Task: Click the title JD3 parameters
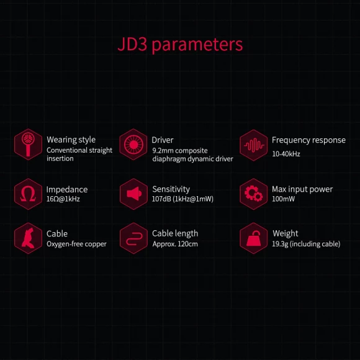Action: (x=180, y=45)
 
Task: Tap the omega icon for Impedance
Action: (x=28, y=194)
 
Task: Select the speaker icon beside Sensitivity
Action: (x=133, y=194)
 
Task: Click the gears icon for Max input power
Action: (x=253, y=194)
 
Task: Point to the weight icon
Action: (x=253, y=238)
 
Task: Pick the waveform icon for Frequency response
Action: (x=253, y=145)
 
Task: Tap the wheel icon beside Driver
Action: (x=133, y=145)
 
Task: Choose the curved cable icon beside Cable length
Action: (x=133, y=238)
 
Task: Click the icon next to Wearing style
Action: (x=28, y=145)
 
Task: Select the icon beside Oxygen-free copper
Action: (x=28, y=238)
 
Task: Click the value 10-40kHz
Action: (x=286, y=154)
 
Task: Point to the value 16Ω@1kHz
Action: (x=63, y=199)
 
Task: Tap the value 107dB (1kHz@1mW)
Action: (x=182, y=199)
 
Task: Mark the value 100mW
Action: (x=283, y=199)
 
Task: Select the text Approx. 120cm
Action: (x=175, y=244)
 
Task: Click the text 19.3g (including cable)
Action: (x=306, y=244)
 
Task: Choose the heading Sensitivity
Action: (x=171, y=189)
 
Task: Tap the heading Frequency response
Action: (x=309, y=140)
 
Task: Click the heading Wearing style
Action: (x=71, y=140)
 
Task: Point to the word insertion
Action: (x=60, y=158)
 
